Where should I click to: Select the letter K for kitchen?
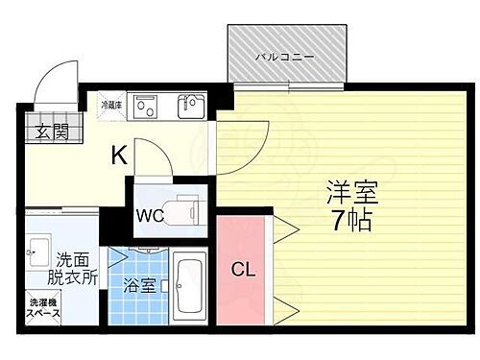tap(118, 155)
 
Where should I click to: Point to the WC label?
tap(150, 214)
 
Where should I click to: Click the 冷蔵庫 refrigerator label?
tap(111, 105)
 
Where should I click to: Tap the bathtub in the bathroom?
tap(190, 284)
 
